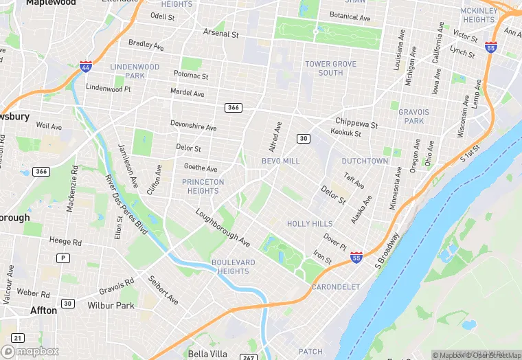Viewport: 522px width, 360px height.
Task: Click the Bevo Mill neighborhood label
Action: tap(281, 161)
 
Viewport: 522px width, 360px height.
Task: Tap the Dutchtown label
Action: tap(365, 161)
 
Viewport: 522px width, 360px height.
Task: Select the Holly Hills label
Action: tap(310, 224)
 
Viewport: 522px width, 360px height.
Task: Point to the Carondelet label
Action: tap(336, 286)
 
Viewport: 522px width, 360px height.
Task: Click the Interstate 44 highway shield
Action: tap(85, 67)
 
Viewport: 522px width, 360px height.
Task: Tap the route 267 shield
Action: tap(248, 357)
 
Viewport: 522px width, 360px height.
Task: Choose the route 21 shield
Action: tap(18, 337)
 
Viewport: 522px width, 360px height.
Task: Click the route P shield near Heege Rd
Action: tap(63, 258)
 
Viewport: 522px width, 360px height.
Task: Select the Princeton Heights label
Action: tap(203, 186)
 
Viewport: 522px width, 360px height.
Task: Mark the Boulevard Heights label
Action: tap(234, 267)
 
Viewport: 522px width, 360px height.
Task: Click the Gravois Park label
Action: tap(414, 116)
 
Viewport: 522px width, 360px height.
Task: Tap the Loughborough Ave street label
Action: tap(223, 227)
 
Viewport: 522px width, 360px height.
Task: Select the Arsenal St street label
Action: tap(220, 33)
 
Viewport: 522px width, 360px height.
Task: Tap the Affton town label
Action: tap(44, 311)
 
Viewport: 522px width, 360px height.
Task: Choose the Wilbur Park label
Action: tap(111, 304)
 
